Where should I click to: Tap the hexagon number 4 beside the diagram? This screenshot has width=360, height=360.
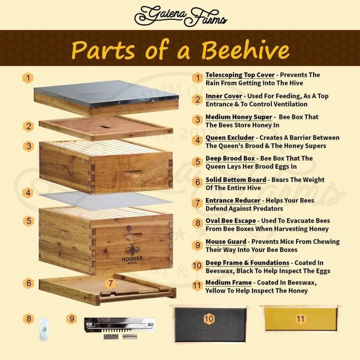point(28,193)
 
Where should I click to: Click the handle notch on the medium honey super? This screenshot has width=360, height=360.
point(132,172)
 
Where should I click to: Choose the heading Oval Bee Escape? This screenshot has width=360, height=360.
point(230,221)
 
